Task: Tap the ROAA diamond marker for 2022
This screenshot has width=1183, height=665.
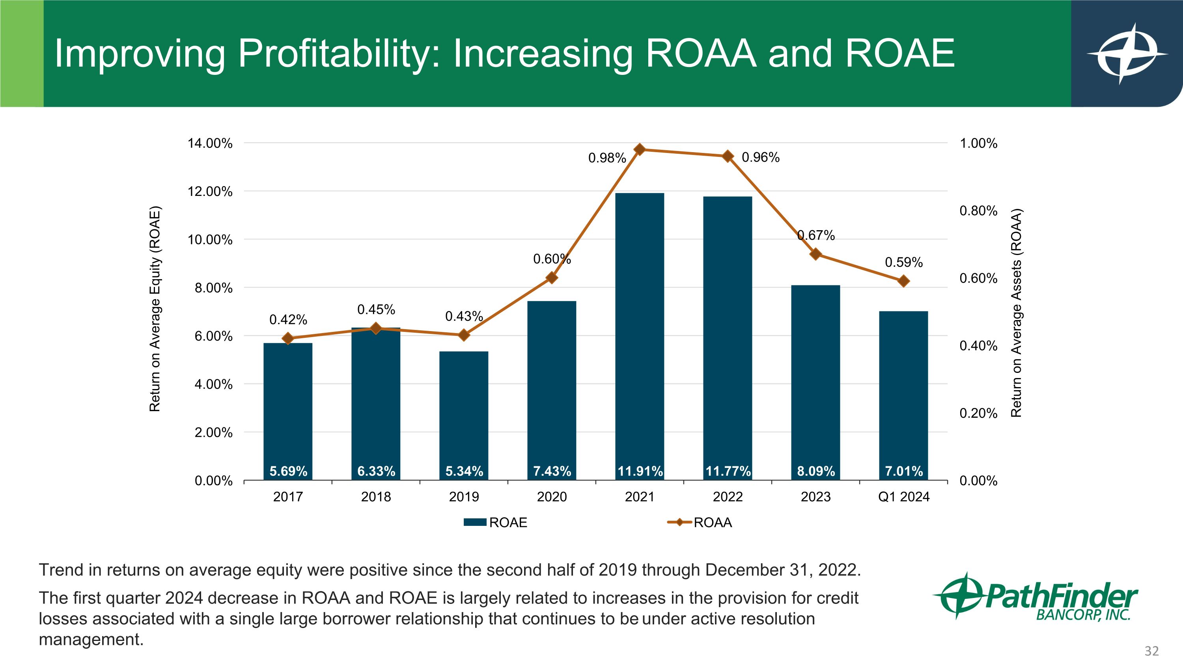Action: [728, 156]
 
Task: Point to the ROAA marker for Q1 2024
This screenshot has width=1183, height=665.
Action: [903, 281]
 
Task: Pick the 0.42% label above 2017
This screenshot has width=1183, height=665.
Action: [288, 319]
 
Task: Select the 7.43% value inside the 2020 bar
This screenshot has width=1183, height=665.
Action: [552, 471]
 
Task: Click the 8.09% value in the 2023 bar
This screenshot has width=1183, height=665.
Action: [815, 471]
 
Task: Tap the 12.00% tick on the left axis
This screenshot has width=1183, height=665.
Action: [209, 191]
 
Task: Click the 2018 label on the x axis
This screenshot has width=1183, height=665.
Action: [376, 497]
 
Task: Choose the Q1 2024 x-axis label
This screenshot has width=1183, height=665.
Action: [903, 497]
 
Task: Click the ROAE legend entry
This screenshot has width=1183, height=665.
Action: [496, 522]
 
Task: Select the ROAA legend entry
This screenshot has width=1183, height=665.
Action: [700, 522]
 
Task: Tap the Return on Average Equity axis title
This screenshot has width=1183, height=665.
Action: [155, 310]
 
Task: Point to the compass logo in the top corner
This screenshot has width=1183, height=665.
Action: [1126, 54]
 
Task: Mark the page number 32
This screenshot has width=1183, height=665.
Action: [1151, 651]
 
